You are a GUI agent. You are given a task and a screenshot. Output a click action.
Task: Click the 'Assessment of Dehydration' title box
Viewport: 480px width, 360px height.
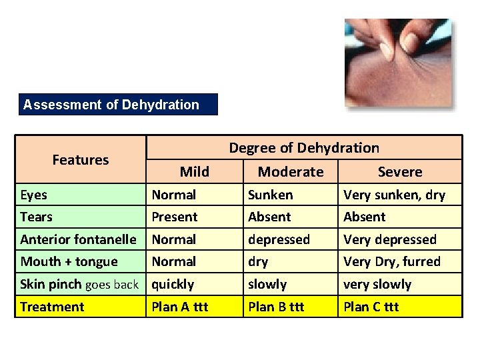(x=118, y=105)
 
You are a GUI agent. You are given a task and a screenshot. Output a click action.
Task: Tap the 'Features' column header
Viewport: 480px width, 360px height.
(x=80, y=159)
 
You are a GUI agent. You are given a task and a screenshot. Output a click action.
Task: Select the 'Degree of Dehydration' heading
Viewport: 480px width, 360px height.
(x=304, y=148)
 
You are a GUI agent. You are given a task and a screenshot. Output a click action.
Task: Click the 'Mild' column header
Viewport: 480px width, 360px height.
(x=194, y=172)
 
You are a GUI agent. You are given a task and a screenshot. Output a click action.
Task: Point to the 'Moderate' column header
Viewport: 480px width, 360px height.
(x=290, y=172)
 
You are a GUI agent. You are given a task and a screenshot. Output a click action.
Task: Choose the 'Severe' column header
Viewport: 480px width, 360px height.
(x=399, y=172)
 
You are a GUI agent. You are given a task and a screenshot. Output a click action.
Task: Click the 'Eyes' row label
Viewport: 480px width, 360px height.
(x=33, y=195)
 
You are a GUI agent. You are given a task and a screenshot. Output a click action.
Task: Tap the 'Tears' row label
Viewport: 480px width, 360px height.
(x=36, y=217)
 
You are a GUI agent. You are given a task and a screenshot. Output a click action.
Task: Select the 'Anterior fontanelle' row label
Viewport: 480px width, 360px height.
(x=78, y=239)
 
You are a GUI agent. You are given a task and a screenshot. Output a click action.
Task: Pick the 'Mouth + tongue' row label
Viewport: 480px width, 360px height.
(x=69, y=261)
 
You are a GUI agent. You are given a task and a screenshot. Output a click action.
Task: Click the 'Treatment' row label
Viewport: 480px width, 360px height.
(x=52, y=307)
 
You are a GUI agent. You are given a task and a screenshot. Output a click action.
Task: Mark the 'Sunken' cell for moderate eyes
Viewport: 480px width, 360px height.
(x=270, y=195)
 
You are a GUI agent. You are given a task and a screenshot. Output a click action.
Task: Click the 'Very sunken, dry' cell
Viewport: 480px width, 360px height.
(x=393, y=195)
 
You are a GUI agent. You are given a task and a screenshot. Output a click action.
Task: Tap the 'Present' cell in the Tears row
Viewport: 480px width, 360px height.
(x=174, y=217)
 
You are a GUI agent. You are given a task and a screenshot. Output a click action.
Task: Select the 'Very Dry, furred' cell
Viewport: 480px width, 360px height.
(x=391, y=261)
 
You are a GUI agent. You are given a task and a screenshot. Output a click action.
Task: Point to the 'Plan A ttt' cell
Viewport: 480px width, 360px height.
(x=180, y=307)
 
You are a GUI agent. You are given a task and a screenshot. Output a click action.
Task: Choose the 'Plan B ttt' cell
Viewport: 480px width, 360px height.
(x=276, y=307)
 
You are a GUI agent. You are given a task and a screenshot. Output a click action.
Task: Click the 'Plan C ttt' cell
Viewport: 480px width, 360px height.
(x=371, y=307)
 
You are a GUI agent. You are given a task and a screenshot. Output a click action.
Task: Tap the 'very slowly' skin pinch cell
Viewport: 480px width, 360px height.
(x=377, y=284)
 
